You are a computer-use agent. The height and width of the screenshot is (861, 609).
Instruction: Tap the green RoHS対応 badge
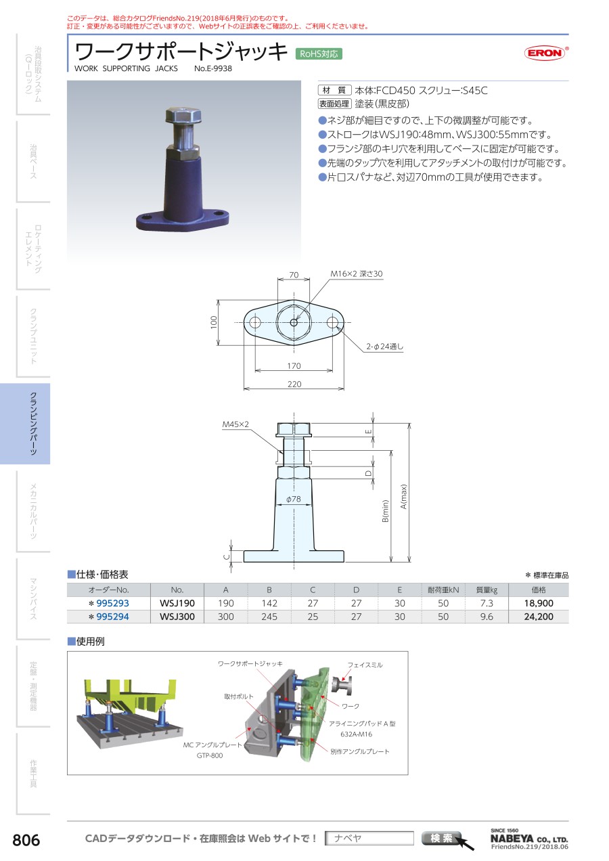tap(319, 54)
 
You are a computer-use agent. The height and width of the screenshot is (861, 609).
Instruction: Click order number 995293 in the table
tap(112, 603)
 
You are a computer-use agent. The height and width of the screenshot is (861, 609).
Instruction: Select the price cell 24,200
tap(539, 617)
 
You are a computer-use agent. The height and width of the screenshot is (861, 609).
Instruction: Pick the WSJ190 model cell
tap(177, 603)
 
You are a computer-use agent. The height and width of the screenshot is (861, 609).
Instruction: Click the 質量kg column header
tap(487, 590)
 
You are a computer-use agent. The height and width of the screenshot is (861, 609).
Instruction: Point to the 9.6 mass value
tap(487, 617)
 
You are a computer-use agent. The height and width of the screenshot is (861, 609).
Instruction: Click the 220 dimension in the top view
tap(294, 384)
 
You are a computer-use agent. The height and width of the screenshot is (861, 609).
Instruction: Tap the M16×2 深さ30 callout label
tap(357, 273)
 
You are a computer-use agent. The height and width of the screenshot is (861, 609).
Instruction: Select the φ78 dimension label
tap(293, 499)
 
